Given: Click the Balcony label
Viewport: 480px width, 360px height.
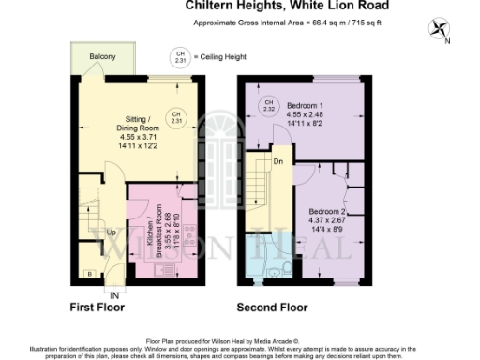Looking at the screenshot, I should click(x=103, y=58).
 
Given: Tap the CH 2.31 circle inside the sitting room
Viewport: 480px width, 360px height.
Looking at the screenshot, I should click(x=175, y=118).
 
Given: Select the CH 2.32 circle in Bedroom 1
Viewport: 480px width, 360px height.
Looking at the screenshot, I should click(x=269, y=104).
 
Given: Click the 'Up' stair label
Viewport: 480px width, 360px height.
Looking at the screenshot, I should click(x=111, y=232).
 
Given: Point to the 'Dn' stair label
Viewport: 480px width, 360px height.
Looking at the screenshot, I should click(x=277, y=161).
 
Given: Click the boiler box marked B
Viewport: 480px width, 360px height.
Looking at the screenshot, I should click(x=88, y=274).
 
